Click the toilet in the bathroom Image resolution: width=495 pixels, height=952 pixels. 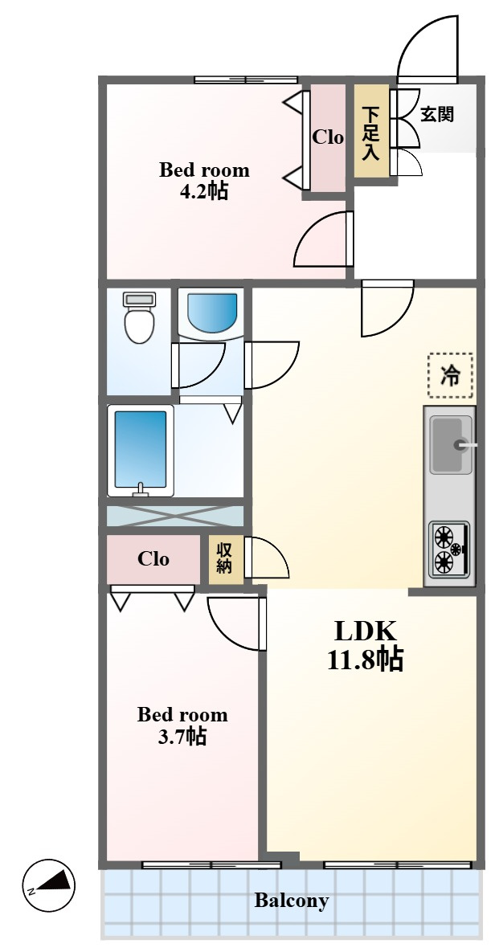(x=139, y=317)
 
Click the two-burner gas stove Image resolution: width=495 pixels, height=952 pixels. (x=449, y=549)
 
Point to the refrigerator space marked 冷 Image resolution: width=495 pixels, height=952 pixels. (x=450, y=376)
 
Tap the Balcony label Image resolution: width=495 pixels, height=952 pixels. (x=292, y=900)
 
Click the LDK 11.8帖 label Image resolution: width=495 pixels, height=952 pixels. (x=365, y=645)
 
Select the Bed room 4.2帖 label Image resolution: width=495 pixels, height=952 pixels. (x=204, y=180)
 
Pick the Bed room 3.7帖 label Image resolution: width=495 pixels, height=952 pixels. (x=182, y=725)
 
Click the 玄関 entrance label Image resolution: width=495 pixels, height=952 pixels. (x=437, y=113)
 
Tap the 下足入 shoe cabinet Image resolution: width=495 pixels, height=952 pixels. (x=372, y=131)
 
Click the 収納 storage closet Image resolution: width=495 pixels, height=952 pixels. (x=226, y=560)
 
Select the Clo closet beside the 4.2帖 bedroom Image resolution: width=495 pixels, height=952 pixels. (x=328, y=137)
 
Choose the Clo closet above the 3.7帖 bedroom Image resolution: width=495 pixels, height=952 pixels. (x=153, y=558)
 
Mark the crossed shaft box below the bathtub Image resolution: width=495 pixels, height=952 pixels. (x=175, y=516)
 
